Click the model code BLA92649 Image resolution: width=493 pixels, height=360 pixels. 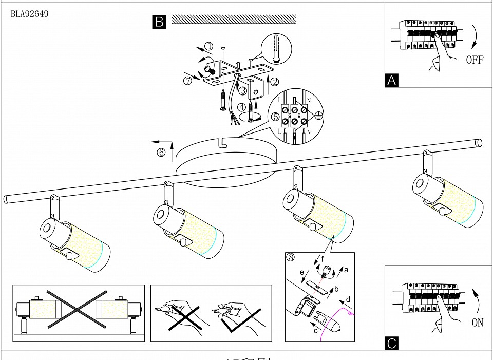point(29,14)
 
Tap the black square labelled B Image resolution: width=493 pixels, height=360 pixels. point(159,22)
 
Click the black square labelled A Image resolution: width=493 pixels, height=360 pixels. point(391,81)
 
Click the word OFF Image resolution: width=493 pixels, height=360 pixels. point(475,60)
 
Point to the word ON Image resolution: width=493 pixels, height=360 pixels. point(477,323)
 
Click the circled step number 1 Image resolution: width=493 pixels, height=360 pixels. point(208,46)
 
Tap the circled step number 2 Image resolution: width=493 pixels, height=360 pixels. point(275,81)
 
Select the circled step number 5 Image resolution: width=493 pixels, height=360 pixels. point(275,118)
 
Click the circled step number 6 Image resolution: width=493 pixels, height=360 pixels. point(162,153)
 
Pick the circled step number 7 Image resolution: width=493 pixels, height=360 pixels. point(188,81)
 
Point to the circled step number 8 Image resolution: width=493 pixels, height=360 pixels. point(291,257)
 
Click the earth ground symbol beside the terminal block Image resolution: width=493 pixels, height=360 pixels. point(318,116)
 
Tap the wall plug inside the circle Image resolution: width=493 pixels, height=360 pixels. point(277,49)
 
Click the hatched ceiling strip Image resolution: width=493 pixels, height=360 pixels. point(234,19)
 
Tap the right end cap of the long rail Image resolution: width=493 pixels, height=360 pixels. point(479,143)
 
